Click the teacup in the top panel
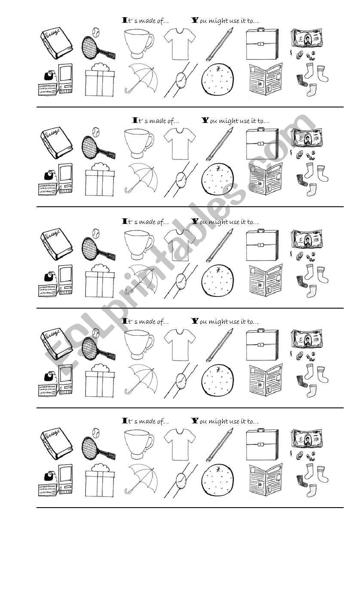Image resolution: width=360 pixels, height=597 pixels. (x=137, y=43)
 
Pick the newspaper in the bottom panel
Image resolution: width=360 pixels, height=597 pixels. (x=265, y=480)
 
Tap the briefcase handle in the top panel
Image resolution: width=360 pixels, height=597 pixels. (x=261, y=30)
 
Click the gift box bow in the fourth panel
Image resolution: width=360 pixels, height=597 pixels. (x=100, y=368)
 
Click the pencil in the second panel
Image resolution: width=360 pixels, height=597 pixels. (x=220, y=144)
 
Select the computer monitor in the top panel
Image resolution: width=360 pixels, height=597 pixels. (x=66, y=76)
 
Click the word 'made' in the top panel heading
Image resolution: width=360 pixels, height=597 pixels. (x=148, y=21)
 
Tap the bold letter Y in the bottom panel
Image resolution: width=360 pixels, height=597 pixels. (x=195, y=421)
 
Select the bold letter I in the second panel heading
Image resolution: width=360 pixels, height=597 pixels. (x=135, y=120)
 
